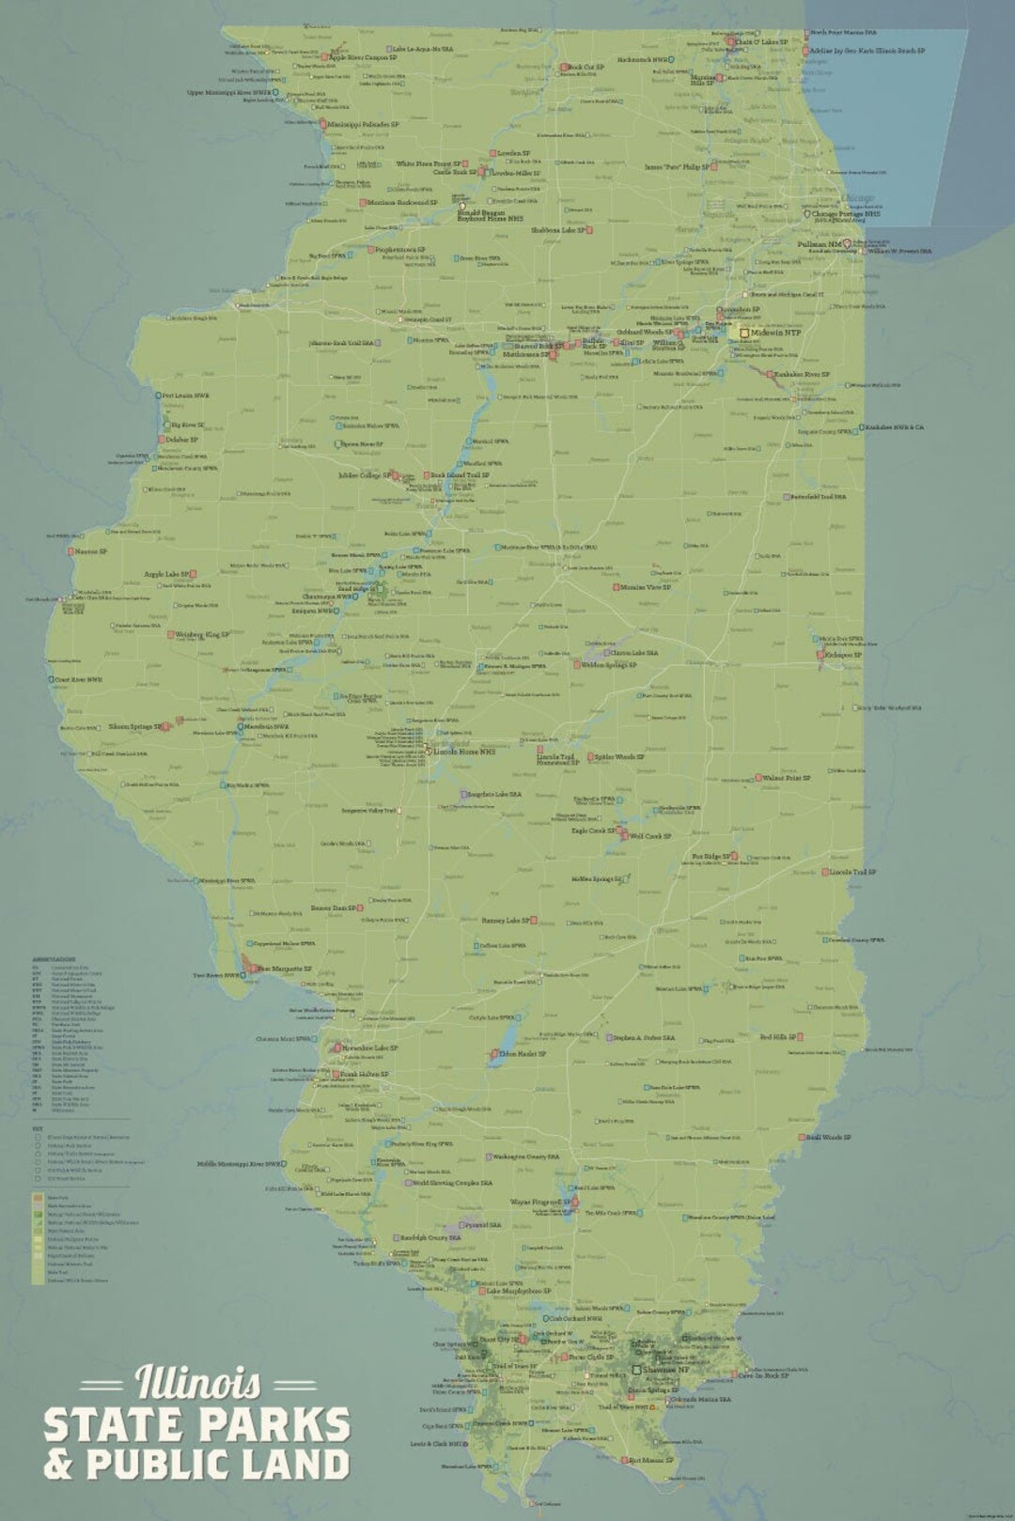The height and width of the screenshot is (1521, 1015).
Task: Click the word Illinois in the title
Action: coord(198,1383)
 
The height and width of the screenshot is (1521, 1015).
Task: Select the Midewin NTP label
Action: coord(776,333)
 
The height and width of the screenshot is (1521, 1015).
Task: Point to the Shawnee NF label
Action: coord(665,1370)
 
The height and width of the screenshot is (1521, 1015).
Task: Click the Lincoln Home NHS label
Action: coord(463,752)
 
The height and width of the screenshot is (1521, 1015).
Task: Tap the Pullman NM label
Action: coord(820,244)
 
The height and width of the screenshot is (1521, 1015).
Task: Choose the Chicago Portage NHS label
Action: coord(846,214)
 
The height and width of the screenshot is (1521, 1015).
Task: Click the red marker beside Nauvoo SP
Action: coord(70,551)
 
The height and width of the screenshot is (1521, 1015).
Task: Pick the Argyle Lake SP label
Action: coord(167,574)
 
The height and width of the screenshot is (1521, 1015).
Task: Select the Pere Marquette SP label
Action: coord(285,968)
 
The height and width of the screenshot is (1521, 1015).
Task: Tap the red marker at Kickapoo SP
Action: coord(820,655)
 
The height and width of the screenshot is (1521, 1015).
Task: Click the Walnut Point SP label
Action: coord(786,778)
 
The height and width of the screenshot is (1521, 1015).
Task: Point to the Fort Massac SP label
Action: coord(652,1461)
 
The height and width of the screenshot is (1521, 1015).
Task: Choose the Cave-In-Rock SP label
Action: coord(763,1375)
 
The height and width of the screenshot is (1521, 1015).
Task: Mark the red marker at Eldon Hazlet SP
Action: coord(492,1055)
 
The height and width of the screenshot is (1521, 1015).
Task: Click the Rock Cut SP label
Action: coord(586,67)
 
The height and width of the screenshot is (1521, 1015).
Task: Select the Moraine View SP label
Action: coord(646,587)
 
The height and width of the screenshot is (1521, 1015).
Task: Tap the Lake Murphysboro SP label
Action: coord(518,1291)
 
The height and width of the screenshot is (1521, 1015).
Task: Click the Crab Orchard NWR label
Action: coord(574,1318)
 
